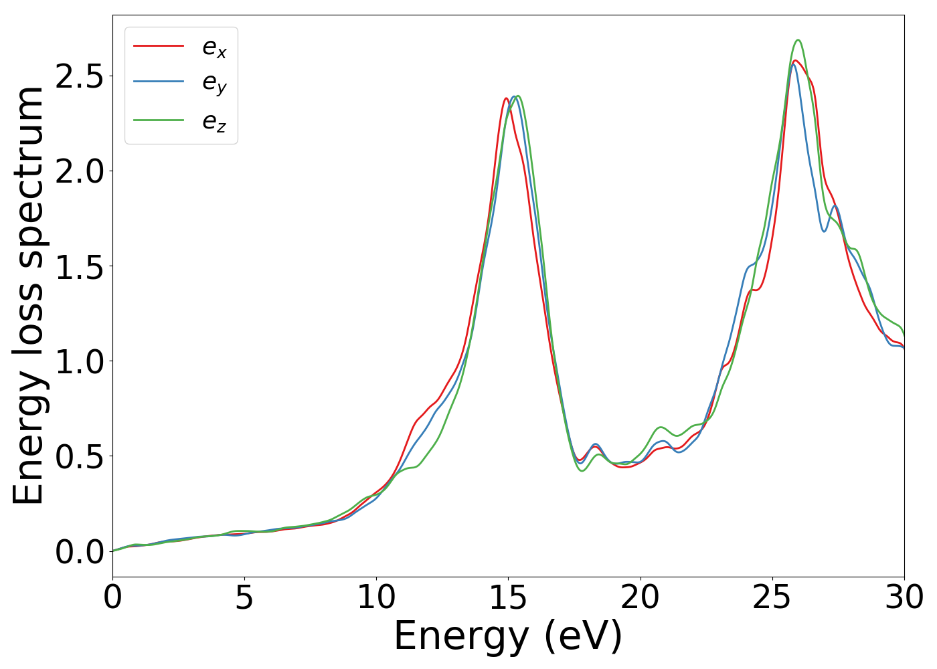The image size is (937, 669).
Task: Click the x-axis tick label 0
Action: [112, 597]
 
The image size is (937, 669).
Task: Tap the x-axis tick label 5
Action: [244, 597]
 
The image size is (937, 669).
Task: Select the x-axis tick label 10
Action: [376, 597]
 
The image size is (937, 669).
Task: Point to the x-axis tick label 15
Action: [508, 597]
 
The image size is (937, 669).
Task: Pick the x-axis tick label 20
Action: [641, 597]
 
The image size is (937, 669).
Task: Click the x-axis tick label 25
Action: [772, 597]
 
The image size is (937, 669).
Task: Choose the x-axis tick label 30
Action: [904, 597]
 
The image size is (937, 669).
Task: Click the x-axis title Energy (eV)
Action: [508, 636]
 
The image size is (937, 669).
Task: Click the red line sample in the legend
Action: [159, 45]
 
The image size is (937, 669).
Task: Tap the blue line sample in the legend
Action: [159, 82]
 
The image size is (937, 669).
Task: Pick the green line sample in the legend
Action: [159, 120]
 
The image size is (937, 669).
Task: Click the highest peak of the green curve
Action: [798, 40]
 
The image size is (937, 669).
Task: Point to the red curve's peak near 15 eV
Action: [506, 98]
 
